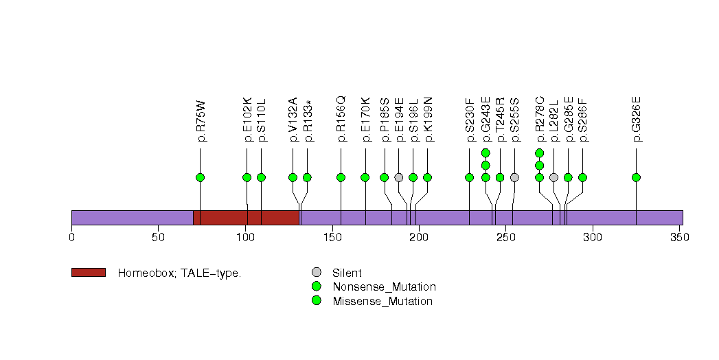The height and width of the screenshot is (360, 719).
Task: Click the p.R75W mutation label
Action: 201,121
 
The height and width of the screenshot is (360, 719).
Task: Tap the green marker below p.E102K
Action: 247,177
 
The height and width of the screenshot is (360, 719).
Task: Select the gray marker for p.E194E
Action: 399,177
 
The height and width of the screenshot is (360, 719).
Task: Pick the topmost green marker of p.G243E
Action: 486,153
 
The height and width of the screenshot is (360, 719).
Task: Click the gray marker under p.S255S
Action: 514,177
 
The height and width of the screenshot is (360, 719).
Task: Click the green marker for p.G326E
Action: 636,177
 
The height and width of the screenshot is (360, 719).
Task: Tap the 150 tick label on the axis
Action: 332,238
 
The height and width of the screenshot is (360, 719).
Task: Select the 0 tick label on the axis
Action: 71,238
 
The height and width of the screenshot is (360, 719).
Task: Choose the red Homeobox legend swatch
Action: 89,273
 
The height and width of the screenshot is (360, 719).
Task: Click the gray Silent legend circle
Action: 316,273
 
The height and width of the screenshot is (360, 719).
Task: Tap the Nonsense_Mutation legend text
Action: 384,286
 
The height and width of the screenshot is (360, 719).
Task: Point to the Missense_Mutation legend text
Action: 383,301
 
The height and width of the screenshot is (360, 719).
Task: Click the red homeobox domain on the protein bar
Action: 246,217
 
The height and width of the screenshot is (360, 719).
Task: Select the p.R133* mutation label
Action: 308,121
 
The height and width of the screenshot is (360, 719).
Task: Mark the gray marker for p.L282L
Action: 553,177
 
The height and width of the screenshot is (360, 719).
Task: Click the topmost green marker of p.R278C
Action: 539,153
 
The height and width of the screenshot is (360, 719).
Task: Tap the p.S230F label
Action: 470,122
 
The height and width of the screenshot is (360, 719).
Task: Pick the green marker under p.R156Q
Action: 341,177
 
